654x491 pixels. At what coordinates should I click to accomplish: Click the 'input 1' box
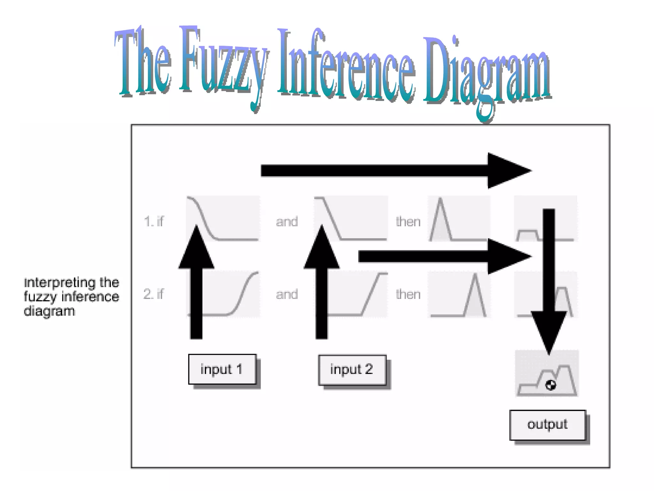point(222,369)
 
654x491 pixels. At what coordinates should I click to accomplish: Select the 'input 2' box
point(352,370)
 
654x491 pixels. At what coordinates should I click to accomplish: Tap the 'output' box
point(547,425)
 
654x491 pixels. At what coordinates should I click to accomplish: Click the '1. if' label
point(154,221)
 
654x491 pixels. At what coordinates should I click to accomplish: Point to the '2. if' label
point(154,294)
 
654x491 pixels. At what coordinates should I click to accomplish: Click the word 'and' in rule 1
point(287,222)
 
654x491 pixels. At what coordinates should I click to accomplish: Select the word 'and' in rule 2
point(287,294)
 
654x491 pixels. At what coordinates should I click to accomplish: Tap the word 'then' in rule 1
point(408,222)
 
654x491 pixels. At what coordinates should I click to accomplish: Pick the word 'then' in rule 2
point(408,294)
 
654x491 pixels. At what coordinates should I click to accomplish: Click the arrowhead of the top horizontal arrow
point(508,171)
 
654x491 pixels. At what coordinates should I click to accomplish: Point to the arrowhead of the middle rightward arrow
point(508,256)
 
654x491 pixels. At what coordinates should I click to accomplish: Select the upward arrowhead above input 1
point(196,248)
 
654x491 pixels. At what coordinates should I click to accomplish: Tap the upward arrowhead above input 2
point(322,248)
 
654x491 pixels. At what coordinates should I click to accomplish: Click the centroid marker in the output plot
point(551,385)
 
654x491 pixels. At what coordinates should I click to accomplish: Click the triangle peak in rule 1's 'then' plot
point(440,200)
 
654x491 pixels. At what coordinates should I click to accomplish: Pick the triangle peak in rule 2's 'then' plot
point(475,275)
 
